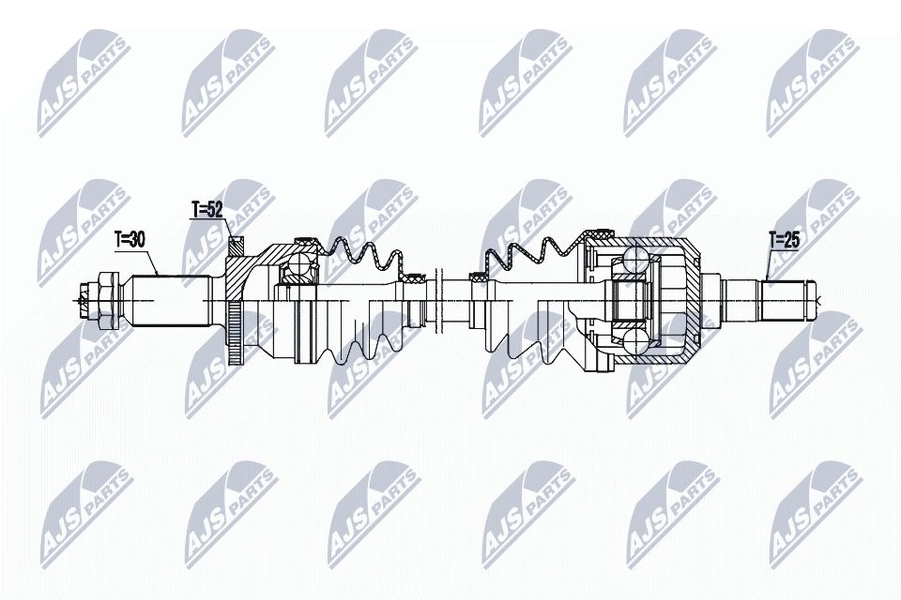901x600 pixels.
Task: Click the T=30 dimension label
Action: coord(130,240)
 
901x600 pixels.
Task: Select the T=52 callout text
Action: coord(207,209)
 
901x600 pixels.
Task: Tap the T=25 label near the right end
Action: coord(783,241)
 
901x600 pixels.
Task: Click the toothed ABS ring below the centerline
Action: coord(234,334)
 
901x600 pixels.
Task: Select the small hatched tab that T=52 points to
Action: coord(235,245)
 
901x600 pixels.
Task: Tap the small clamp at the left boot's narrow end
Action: coord(410,278)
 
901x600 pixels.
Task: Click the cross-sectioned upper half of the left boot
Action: coord(361,259)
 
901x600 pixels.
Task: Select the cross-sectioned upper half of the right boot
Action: coord(530,256)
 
